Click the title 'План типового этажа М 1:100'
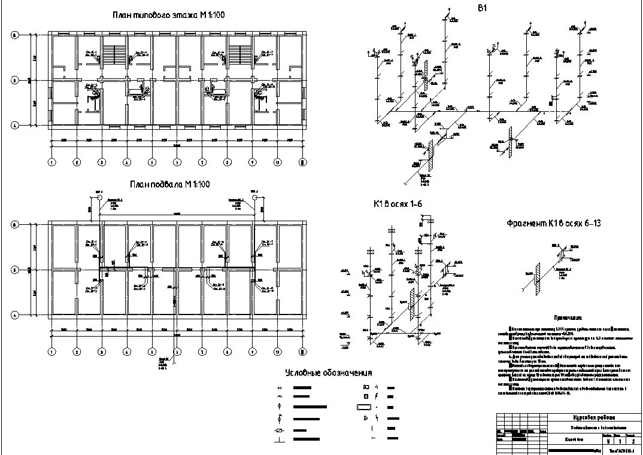pyautogui.click(x=168, y=15)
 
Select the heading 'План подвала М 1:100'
pyautogui.click(x=169, y=185)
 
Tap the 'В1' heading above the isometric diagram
pyautogui.click(x=482, y=8)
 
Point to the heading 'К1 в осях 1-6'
pyautogui.click(x=398, y=204)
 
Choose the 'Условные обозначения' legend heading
pyautogui.click(x=329, y=373)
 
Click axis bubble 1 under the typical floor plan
pyautogui.click(x=52, y=161)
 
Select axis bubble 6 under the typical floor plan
pyautogui.click(x=177, y=161)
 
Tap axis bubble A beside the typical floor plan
pyautogui.click(x=14, y=125)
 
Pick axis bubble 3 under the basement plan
pyautogui.click(x=102, y=351)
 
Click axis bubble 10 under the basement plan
pyautogui.click(x=278, y=351)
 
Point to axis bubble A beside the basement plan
pyautogui.click(x=14, y=314)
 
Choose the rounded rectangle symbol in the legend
pyautogui.click(x=365, y=407)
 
